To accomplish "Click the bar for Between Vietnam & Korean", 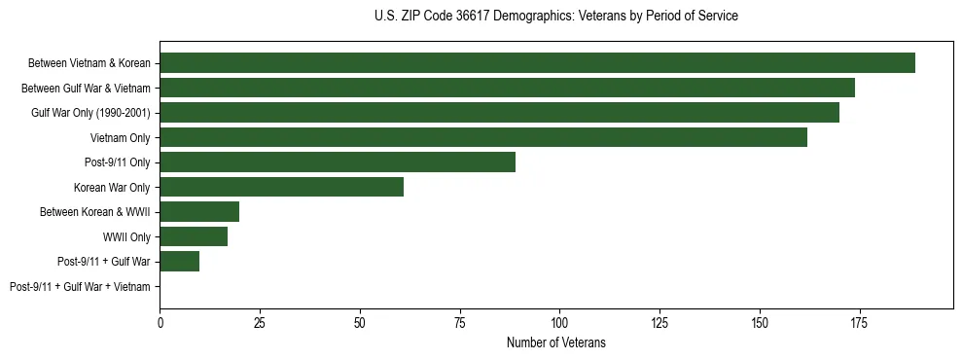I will pyautogui.click(x=537, y=63).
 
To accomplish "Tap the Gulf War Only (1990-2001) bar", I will pyautogui.click(x=499, y=113).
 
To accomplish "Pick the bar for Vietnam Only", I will pyautogui.click(x=483, y=137).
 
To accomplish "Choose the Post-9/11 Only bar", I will pyautogui.click(x=338, y=162).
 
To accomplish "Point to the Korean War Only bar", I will pyautogui.click(x=281, y=187).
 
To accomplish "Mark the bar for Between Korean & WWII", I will pyautogui.click(x=199, y=212).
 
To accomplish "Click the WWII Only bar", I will pyautogui.click(x=194, y=236).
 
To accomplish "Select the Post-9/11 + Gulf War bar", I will pyautogui.click(x=180, y=262).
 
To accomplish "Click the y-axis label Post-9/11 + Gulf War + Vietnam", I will pyautogui.click(x=80, y=287).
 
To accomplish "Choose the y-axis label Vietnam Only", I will pyautogui.click(x=121, y=137).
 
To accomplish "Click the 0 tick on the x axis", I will pyautogui.click(x=160, y=322).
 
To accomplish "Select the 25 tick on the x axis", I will pyautogui.click(x=260, y=322).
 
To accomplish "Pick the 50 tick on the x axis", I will pyautogui.click(x=360, y=322).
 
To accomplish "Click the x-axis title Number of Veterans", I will pyautogui.click(x=555, y=342).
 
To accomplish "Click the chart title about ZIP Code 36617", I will pyautogui.click(x=555, y=17).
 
